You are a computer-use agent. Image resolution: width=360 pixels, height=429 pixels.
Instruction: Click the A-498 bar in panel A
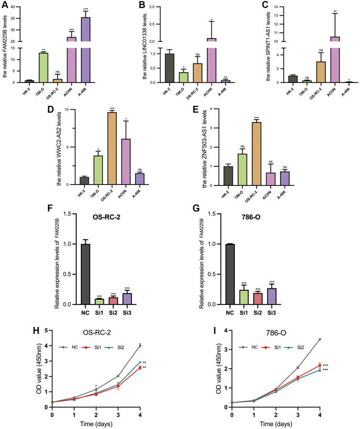click(x=86, y=52)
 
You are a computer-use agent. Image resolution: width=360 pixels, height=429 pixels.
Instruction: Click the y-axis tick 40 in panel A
click(x=23, y=8)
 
